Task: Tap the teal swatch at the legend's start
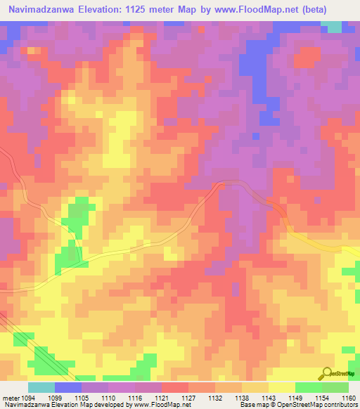point(41,387)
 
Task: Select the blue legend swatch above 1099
point(68,387)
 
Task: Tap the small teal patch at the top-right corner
point(333,27)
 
